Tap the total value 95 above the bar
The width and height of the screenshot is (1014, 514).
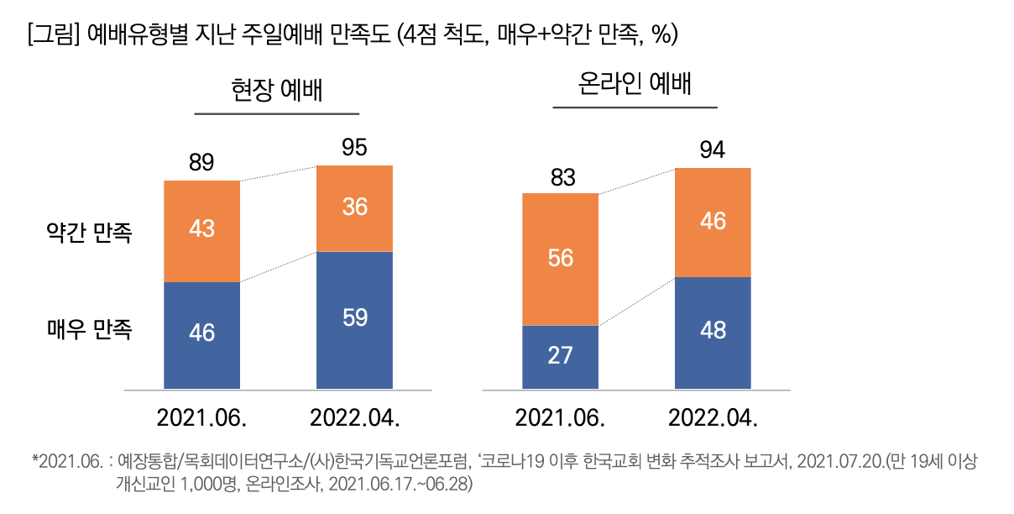pyautogui.click(x=354, y=149)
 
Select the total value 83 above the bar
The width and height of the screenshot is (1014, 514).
pyautogui.click(x=560, y=177)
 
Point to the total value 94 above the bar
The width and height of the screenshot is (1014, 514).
pyautogui.click(x=713, y=151)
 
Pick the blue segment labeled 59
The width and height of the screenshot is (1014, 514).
pyautogui.click(x=354, y=319)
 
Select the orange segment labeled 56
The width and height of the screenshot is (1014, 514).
pyautogui.click(x=560, y=259)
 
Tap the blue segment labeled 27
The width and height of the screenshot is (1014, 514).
pyautogui.click(x=560, y=356)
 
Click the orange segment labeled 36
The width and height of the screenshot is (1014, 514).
pyautogui.click(x=354, y=207)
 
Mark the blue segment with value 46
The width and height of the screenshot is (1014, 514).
pyautogui.click(x=201, y=334)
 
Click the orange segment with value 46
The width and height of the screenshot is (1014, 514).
pyautogui.click(x=713, y=222)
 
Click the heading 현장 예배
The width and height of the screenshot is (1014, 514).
pyautogui.click(x=277, y=90)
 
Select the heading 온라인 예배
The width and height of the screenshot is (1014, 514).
pyautogui.click(x=635, y=84)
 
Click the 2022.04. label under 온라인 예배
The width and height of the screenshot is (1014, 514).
pyautogui.click(x=713, y=417)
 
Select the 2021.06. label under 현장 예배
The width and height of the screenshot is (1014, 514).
pyautogui.click(x=201, y=417)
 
